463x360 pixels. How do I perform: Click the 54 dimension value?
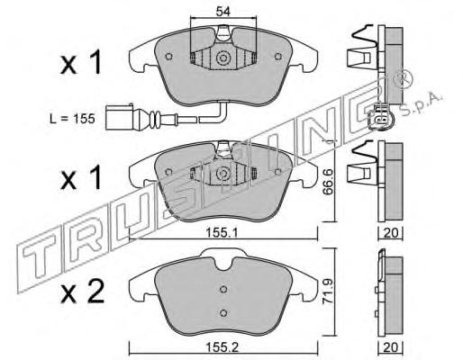(x=222, y=12)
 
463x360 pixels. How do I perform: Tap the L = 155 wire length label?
(x=72, y=119)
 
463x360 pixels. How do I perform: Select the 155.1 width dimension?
(x=222, y=232)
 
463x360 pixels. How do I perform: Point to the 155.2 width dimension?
(x=222, y=347)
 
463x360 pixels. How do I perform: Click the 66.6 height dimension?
(x=328, y=182)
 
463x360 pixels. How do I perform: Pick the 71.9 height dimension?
(x=328, y=292)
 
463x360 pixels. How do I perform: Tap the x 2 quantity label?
(x=82, y=292)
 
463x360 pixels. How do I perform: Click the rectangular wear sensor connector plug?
(x=120, y=117)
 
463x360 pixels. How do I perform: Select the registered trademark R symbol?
(x=404, y=79)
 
